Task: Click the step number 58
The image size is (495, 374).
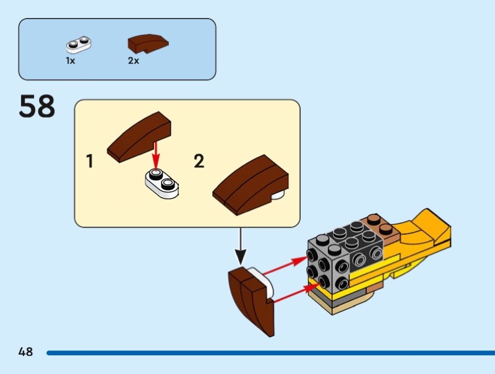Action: [37, 106]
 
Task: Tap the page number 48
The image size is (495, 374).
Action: [25, 352]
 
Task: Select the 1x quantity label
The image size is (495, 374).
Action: [71, 61]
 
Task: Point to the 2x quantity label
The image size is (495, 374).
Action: [134, 61]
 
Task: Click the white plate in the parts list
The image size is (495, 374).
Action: [79, 45]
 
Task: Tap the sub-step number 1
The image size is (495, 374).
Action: [90, 162]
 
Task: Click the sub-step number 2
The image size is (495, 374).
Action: [199, 162]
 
